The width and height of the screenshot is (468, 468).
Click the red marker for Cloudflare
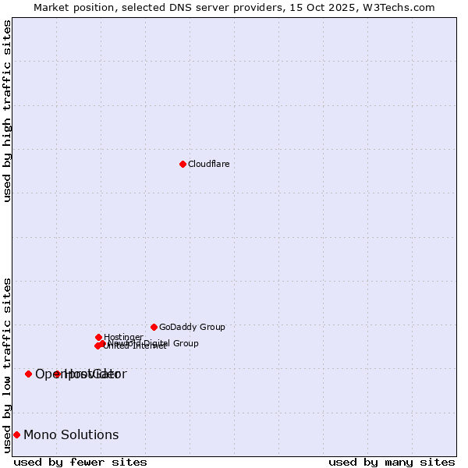[x=183, y=164]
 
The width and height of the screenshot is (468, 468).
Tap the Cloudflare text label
[x=208, y=164]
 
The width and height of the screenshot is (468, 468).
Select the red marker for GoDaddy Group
[x=154, y=327]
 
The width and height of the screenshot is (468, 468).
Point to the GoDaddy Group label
[x=192, y=327]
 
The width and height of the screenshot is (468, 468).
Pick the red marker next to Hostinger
[x=98, y=337]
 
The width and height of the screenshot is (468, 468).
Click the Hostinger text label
[x=123, y=337]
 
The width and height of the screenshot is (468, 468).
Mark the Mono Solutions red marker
[x=16, y=434]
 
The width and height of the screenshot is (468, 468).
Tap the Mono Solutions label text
[x=71, y=434]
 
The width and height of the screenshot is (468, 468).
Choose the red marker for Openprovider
[x=28, y=374]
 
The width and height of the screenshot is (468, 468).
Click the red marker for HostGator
[x=57, y=374]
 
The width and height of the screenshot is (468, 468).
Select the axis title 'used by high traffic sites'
[x=7, y=111]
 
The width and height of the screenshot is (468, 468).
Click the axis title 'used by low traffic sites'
[x=7, y=365]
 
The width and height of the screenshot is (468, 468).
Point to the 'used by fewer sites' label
[x=80, y=462]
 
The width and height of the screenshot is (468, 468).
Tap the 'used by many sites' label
[x=392, y=462]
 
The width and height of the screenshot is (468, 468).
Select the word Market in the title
[x=51, y=7]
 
